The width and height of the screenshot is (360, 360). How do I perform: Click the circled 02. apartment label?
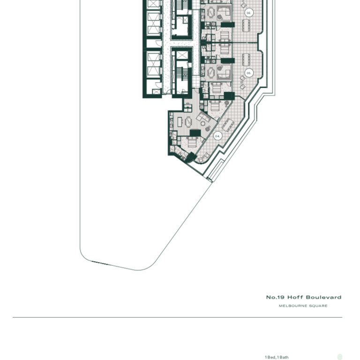249,13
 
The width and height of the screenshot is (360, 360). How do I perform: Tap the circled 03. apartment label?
249,73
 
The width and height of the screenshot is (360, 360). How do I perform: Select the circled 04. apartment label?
217,135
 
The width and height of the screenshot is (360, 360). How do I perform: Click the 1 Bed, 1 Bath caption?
277,357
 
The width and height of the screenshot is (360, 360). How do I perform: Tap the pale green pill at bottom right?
340,357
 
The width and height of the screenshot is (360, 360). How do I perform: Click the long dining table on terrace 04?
228,124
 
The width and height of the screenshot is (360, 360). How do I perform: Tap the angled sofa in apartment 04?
204,117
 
